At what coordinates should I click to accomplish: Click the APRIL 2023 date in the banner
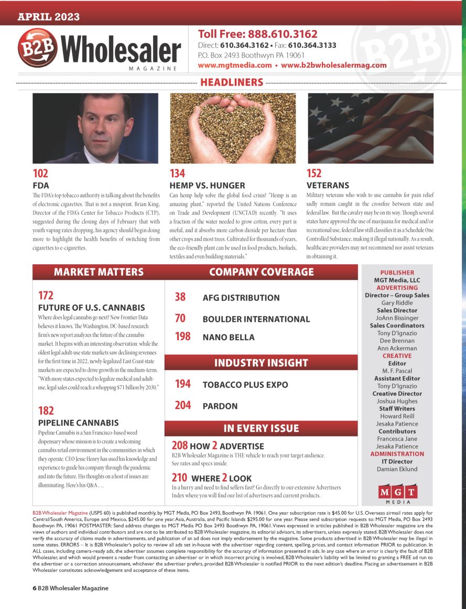tap(49, 17)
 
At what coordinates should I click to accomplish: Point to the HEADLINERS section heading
tap(231, 82)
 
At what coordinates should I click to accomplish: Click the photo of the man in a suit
tap(95, 128)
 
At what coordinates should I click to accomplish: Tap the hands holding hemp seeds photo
tap(233, 128)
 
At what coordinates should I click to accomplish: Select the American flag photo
tap(370, 128)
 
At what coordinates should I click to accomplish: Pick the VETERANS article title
tap(328, 186)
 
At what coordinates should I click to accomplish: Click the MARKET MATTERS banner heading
tap(99, 272)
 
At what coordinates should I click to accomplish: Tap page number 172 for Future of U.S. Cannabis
tap(46, 296)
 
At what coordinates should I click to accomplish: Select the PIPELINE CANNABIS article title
tap(79, 422)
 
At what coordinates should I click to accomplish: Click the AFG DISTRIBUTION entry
tap(241, 298)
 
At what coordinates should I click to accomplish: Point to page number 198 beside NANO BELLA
tap(182, 336)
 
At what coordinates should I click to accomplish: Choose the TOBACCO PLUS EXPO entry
tap(245, 385)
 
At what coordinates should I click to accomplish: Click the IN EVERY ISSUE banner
tap(261, 428)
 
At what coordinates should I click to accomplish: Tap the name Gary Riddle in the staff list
tap(397, 303)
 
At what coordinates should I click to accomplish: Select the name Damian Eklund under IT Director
tap(397, 469)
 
